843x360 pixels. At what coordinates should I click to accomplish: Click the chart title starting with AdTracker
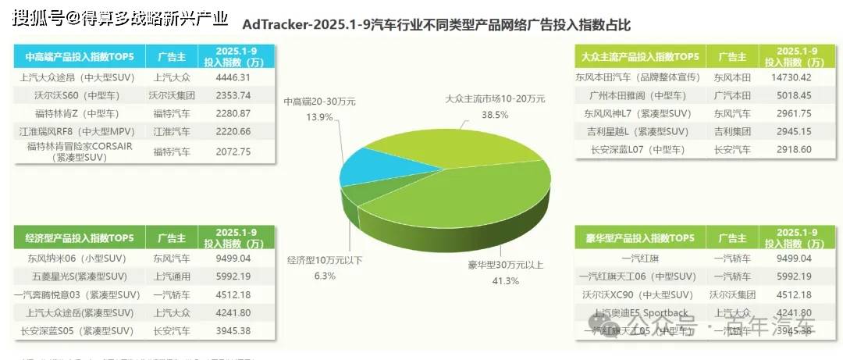[x=436, y=24]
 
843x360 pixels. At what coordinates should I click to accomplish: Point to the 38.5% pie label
[x=495, y=114]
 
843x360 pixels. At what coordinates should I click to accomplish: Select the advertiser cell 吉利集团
[x=733, y=131]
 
